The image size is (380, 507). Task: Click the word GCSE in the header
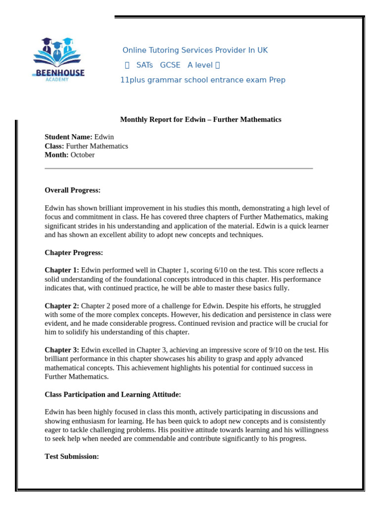[170, 65]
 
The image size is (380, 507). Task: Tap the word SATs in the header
[144, 65]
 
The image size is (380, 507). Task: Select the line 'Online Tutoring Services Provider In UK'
[195, 51]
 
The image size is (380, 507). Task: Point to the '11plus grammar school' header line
[202, 80]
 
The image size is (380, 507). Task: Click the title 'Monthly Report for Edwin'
[200, 119]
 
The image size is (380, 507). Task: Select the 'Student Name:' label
[68, 137]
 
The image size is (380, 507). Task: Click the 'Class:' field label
[54, 146]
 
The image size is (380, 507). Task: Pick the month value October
[83, 155]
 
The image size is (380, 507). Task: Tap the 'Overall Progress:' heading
[72, 190]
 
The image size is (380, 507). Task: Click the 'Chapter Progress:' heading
[74, 253]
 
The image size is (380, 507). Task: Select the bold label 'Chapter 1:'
[62, 270]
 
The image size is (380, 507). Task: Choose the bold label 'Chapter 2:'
[62, 306]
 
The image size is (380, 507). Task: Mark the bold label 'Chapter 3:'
[62, 350]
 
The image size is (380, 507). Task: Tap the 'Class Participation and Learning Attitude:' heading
[113, 395]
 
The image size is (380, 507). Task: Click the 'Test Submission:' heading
[72, 456]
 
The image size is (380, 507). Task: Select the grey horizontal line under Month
[179, 168]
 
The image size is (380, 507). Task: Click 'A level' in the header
[200, 65]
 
